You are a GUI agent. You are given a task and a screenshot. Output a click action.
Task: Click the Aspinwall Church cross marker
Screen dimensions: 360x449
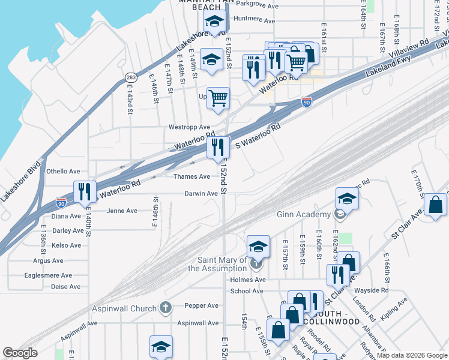click(x=166, y=308)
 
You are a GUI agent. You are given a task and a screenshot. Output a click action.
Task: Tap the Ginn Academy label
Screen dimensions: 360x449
click(x=303, y=214)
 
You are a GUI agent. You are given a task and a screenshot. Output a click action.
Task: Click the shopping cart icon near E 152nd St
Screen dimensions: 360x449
click(x=218, y=97)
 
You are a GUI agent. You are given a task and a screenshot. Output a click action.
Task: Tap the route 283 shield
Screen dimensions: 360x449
click(x=130, y=77)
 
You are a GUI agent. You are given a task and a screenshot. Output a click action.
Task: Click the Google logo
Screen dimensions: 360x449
click(x=20, y=353)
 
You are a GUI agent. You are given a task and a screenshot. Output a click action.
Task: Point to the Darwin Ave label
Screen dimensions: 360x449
click(x=200, y=194)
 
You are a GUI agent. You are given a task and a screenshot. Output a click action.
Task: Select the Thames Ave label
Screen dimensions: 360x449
click(x=191, y=176)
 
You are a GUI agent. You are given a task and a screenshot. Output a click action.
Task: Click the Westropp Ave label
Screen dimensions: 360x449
click(x=189, y=127)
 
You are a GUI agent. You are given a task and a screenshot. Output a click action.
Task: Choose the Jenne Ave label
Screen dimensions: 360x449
click(x=122, y=211)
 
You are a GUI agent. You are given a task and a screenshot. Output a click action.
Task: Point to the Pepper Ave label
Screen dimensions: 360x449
click(x=201, y=305)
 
